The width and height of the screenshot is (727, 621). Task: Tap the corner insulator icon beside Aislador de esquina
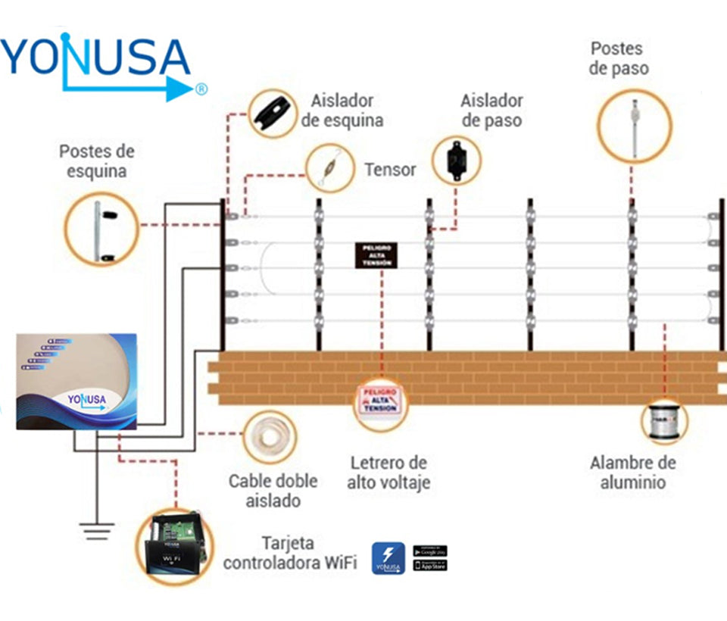274,112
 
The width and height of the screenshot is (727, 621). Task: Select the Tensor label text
390,170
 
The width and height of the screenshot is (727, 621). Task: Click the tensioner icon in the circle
330,168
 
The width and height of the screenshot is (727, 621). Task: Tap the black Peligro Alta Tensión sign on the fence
376,256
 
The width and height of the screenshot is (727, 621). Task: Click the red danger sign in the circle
382,398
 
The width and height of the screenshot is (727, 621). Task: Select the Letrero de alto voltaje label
388,472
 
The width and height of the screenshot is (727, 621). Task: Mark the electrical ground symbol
96,531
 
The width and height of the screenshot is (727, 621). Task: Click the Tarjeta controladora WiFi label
290,553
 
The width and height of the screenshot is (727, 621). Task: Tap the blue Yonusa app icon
388,558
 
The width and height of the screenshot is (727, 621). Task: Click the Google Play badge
430,551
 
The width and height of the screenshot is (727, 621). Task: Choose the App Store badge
430,566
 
